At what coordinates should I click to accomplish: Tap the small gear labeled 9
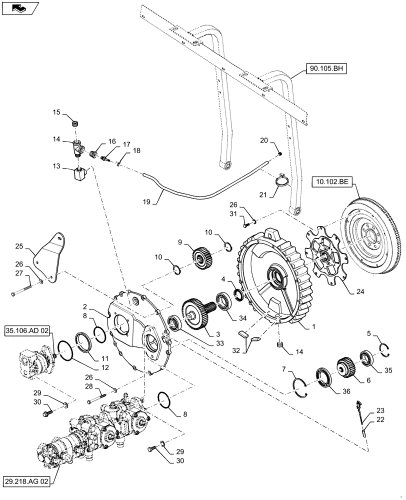pos(202,256)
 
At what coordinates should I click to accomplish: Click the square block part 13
pos(78,174)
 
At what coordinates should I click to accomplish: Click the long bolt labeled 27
pos(23,291)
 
